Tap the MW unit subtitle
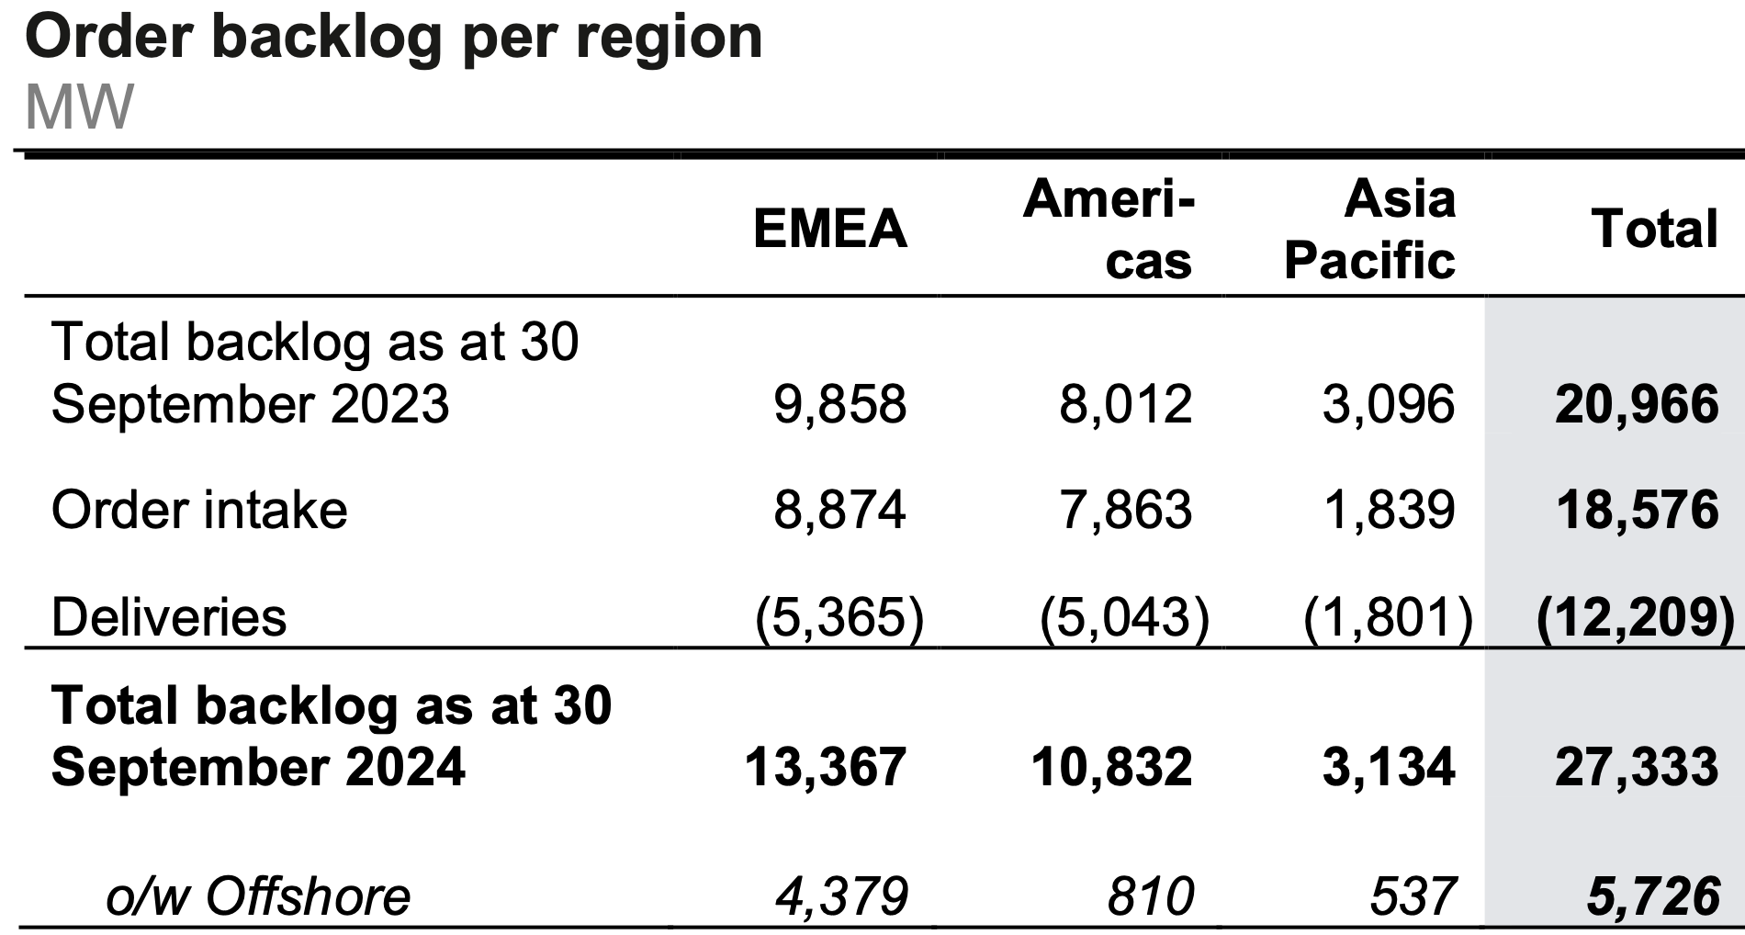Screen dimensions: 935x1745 point(79,107)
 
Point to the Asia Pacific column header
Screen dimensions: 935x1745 point(1369,230)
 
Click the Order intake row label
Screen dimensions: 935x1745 point(199,510)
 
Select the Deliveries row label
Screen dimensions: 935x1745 point(169,616)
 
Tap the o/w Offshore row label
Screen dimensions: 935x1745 point(258,896)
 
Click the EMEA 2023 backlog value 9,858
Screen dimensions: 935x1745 point(839,404)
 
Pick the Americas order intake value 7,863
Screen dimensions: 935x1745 point(1125,510)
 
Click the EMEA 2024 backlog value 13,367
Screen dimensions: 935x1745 point(825,767)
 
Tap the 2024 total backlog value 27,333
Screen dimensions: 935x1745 point(1636,767)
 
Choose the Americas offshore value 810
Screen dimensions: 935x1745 point(1150,896)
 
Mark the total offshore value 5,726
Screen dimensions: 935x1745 point(1652,896)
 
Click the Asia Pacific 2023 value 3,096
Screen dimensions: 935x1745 point(1388,404)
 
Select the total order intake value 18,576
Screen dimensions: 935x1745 point(1636,510)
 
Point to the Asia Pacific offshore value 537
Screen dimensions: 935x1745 point(1412,896)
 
